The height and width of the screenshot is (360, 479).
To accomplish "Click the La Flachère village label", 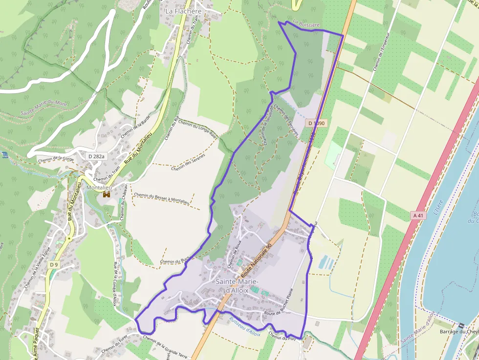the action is coord(183,11).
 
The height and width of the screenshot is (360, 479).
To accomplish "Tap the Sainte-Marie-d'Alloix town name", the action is coord(237,286).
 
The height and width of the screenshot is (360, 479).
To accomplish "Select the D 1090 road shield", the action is coord(317,124).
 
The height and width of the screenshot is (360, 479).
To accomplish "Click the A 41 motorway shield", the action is coord(418,215).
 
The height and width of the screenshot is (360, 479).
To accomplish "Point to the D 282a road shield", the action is coord(97,156).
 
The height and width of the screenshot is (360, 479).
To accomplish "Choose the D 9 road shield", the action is coord(54,265).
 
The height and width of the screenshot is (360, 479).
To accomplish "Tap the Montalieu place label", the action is coord(100,187).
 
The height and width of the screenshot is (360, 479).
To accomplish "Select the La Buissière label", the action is coord(306,23).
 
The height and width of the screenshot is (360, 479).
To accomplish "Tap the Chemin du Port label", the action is coord(282,337).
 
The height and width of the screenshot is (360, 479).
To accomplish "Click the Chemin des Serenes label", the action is coord(188,162).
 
